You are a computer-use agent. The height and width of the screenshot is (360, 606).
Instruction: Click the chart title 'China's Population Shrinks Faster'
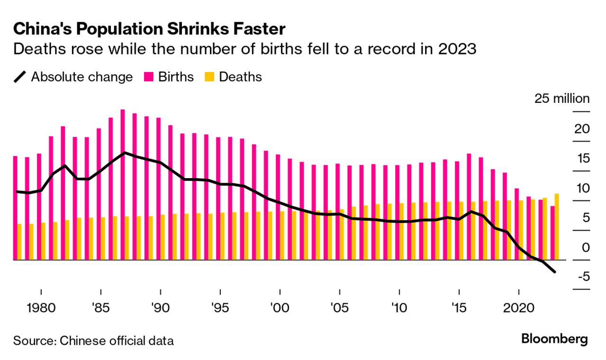(149, 29)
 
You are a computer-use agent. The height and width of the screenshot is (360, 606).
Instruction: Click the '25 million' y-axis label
(562, 99)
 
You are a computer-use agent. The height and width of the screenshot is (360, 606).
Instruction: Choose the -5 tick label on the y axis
(582, 277)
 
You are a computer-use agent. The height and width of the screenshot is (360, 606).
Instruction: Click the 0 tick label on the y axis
(586, 247)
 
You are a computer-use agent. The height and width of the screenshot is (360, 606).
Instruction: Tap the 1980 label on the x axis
(41, 307)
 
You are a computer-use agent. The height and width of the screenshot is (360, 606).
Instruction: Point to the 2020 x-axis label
(518, 307)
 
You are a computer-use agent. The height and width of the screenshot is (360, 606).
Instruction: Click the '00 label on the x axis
(279, 307)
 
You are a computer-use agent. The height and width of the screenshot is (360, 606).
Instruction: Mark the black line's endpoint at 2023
(554, 272)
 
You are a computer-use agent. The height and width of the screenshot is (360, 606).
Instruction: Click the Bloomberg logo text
(554, 339)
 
